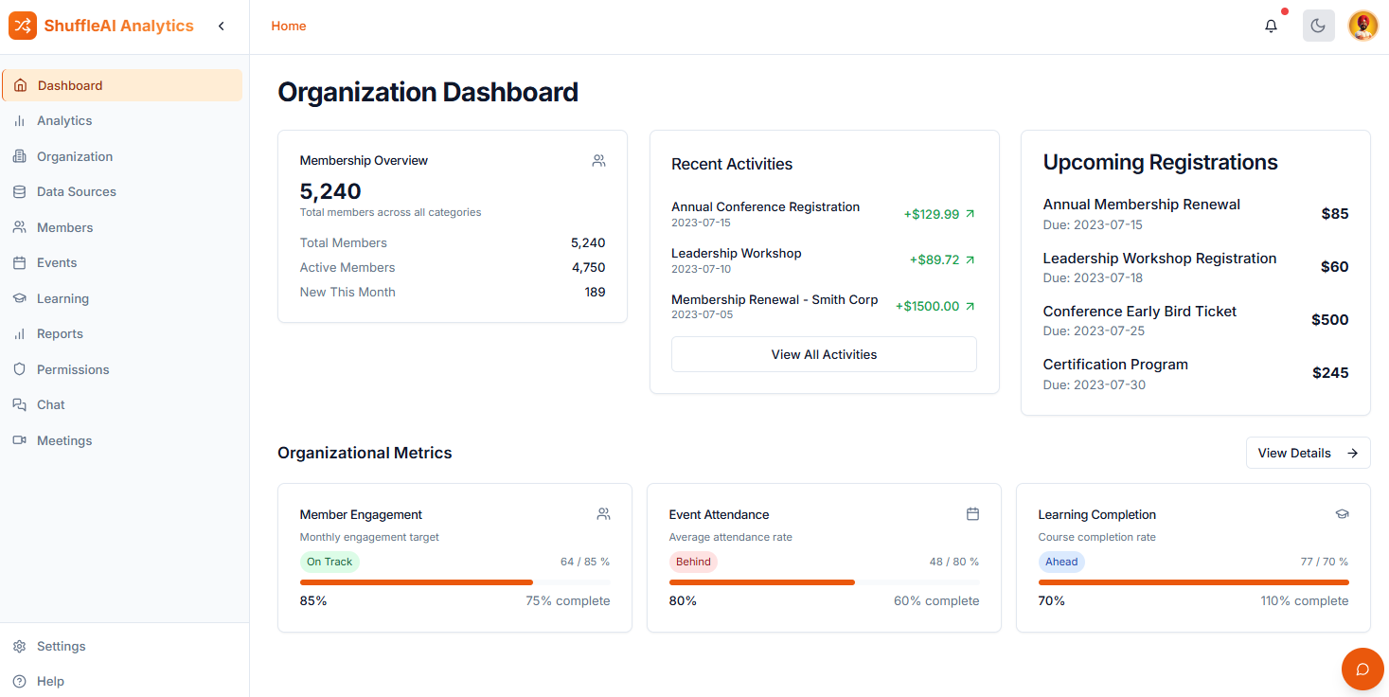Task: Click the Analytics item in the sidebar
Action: tap(64, 121)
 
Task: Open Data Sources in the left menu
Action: tap(76, 192)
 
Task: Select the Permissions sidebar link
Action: tap(73, 369)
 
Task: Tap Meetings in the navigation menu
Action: tap(64, 440)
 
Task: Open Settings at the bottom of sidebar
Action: tap(61, 646)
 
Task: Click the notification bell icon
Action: tap(1271, 27)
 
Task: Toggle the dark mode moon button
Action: tap(1318, 27)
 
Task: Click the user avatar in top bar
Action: tap(1362, 27)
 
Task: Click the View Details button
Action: tap(1308, 453)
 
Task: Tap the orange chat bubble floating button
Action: tap(1362, 670)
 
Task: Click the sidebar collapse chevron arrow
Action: tap(222, 27)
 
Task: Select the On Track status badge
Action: tap(329, 562)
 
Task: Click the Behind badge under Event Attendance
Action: tap(693, 562)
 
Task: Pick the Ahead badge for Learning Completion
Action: tap(1061, 562)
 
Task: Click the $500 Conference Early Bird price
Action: tap(1329, 320)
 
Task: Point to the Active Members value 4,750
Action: tap(588, 268)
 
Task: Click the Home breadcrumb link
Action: tap(289, 27)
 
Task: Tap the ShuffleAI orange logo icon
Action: tap(23, 27)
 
